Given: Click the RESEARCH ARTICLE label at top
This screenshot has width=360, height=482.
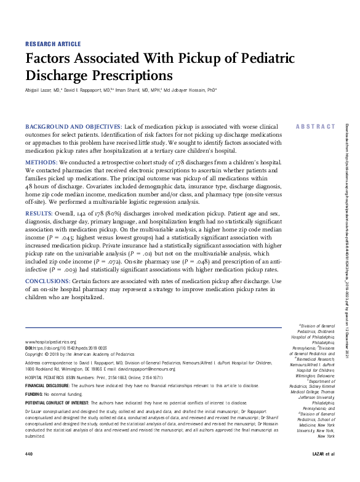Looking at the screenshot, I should click(52, 44).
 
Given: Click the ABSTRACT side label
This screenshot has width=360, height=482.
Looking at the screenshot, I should click(316, 126).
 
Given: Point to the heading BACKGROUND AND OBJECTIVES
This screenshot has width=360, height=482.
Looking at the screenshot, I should click(73, 126).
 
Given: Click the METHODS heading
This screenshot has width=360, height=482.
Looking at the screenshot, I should click(41, 163).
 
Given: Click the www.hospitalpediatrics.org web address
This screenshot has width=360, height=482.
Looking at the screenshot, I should click(50, 342).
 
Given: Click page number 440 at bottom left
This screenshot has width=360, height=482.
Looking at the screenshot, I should click(28, 471).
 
